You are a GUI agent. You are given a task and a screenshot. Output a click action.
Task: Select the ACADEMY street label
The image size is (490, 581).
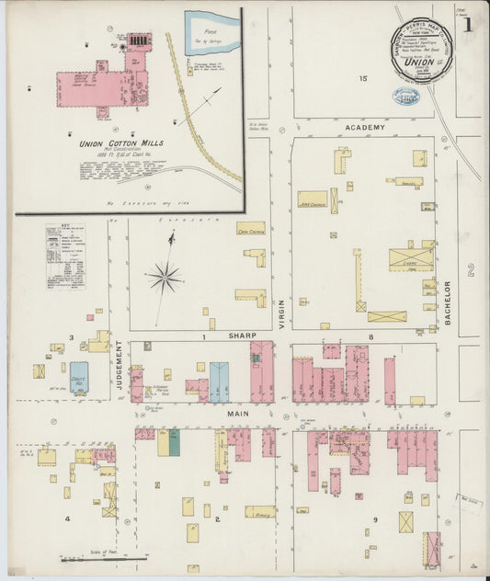(364, 127)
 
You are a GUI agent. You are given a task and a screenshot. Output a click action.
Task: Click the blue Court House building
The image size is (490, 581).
(79, 377)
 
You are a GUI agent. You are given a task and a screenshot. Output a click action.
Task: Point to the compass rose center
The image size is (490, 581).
(165, 275)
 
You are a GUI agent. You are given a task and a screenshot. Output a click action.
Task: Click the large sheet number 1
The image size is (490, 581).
(468, 25)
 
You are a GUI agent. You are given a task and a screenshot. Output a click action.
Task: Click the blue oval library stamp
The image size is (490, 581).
(406, 96)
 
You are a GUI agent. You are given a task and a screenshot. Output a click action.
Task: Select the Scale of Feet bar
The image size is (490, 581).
(103, 557)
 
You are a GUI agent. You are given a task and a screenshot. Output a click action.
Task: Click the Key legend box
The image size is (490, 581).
(64, 256)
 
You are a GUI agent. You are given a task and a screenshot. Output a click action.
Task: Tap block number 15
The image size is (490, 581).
(363, 79)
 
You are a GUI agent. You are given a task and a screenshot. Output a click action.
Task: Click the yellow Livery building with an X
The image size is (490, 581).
(410, 259)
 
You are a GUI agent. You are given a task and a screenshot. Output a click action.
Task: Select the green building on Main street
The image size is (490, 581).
(174, 442)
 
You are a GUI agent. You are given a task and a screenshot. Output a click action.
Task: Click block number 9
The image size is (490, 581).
(375, 520)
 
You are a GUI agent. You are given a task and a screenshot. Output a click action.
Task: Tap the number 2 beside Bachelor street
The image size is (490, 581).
(469, 268)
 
